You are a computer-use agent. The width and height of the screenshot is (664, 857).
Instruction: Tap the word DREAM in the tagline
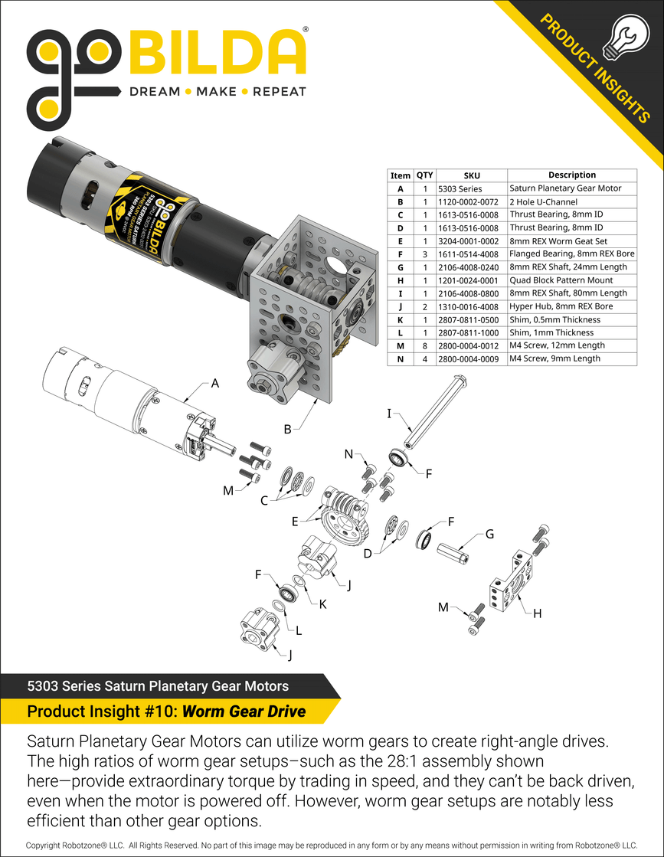click(x=154, y=92)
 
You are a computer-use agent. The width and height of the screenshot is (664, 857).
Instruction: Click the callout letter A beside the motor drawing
click(x=215, y=384)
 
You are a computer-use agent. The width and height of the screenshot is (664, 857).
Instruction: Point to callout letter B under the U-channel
click(x=287, y=430)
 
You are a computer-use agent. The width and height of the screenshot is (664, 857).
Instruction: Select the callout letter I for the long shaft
click(x=389, y=414)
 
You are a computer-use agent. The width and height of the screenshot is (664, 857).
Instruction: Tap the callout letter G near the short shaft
click(x=490, y=534)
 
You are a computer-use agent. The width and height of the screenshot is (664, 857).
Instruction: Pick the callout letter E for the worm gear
click(x=295, y=522)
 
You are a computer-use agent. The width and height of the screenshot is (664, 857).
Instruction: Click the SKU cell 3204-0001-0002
click(x=472, y=240)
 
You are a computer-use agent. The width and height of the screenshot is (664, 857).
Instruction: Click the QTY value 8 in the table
click(x=424, y=345)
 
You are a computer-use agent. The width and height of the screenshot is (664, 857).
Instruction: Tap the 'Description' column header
click(x=571, y=175)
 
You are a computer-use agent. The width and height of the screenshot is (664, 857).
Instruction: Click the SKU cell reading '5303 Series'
click(x=460, y=188)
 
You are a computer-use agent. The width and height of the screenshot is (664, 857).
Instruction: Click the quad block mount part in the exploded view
click(x=507, y=582)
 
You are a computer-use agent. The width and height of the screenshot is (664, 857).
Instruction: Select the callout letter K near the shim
click(x=322, y=604)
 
